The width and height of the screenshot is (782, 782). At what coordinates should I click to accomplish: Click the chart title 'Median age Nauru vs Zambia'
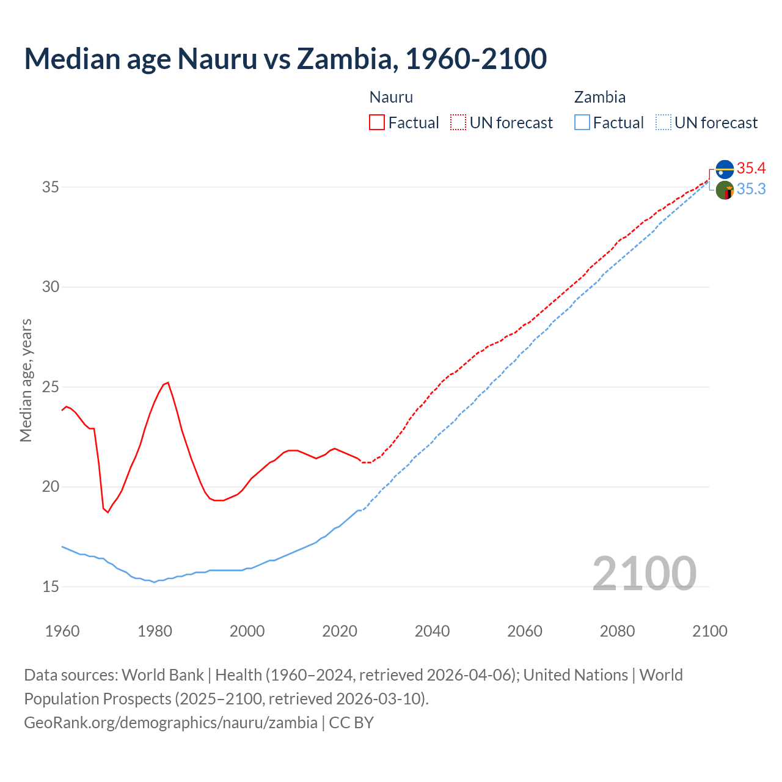(x=285, y=59)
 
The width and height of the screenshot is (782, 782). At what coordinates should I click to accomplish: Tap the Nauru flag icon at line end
(x=725, y=169)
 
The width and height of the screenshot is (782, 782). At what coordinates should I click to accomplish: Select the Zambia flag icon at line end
(x=725, y=191)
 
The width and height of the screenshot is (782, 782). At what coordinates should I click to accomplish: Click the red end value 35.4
(x=751, y=168)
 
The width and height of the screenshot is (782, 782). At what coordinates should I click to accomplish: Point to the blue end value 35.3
(x=751, y=189)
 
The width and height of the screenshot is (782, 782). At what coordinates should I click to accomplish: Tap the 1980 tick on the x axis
(x=155, y=631)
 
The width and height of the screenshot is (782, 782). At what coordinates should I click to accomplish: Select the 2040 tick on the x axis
(x=432, y=631)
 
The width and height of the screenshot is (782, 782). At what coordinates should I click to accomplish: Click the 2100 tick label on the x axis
(x=709, y=631)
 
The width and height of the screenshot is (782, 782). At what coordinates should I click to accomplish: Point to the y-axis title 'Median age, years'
(x=26, y=380)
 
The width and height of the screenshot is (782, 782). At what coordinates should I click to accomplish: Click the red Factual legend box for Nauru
(x=377, y=123)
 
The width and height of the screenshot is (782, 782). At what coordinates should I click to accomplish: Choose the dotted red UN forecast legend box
(x=458, y=123)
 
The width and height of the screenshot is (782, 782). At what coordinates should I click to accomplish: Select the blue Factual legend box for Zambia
(x=582, y=123)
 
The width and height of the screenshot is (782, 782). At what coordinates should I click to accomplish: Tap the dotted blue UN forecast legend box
(x=663, y=123)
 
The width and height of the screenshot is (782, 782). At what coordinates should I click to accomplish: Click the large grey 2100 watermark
(x=644, y=573)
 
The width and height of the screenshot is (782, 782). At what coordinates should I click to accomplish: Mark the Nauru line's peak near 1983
(x=168, y=382)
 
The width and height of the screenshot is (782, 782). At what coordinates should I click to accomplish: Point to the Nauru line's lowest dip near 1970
(x=108, y=512)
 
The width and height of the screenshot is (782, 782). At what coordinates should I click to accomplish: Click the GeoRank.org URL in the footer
(x=170, y=722)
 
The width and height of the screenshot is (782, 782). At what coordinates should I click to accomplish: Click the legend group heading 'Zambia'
(x=599, y=97)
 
